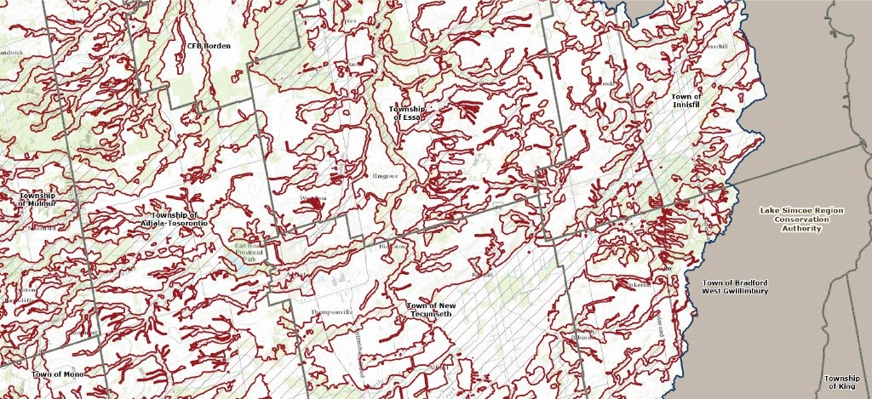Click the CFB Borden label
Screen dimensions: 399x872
click(x=209, y=46)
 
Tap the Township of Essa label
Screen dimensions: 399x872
click(x=406, y=113)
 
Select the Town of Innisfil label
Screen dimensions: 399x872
click(x=686, y=101)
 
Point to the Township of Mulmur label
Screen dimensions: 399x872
click(x=37, y=200)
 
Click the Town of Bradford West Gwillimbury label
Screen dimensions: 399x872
click(x=736, y=287)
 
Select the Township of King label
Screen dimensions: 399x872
click(x=841, y=382)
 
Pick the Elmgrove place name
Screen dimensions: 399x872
click(x=381, y=176)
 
